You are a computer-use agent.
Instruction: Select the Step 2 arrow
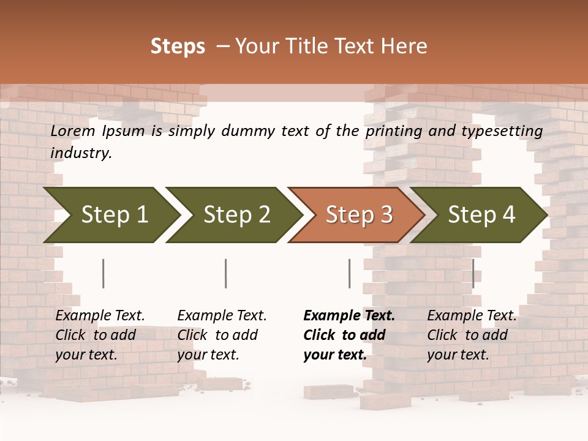[236, 214]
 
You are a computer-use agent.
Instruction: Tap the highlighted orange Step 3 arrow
[358, 214]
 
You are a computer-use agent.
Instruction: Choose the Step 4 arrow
[481, 214]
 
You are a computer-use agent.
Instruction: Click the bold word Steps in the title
[178, 47]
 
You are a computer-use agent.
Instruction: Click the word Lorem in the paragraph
[73, 130]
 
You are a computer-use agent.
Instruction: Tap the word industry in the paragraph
[81, 153]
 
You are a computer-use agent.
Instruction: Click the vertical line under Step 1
[103, 273]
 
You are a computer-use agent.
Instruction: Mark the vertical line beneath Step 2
[225, 273]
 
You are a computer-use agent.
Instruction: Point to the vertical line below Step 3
[349, 273]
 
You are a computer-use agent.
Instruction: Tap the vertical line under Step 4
[473, 273]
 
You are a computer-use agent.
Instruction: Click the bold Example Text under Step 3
[349, 316]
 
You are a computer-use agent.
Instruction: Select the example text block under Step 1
[100, 335]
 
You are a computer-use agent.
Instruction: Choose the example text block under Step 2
[222, 335]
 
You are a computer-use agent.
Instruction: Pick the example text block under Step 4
[472, 335]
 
